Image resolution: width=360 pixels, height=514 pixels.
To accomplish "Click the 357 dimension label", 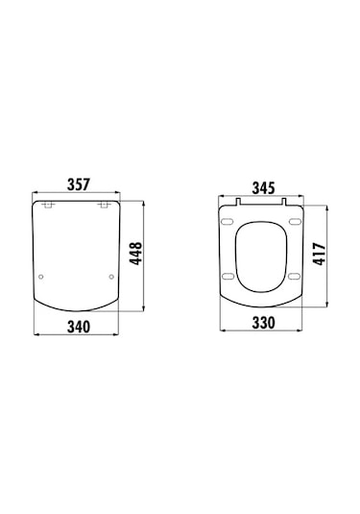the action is click(79, 184).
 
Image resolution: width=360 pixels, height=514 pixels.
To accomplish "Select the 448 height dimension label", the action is click(136, 253).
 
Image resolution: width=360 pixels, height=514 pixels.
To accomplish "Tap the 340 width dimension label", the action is click(79, 327).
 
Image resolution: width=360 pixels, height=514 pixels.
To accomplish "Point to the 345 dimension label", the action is click(263, 188).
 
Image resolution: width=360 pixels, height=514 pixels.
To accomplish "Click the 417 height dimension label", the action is click(320, 254).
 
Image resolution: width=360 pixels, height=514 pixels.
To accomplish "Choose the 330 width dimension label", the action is click(263, 323).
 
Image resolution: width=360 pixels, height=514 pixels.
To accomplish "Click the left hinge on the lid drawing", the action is click(49, 206).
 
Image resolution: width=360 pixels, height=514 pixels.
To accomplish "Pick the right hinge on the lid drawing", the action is click(104, 206).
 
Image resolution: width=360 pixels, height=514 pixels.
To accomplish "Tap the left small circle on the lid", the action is click(41, 277).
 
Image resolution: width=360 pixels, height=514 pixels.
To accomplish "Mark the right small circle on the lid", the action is click(111, 277).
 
